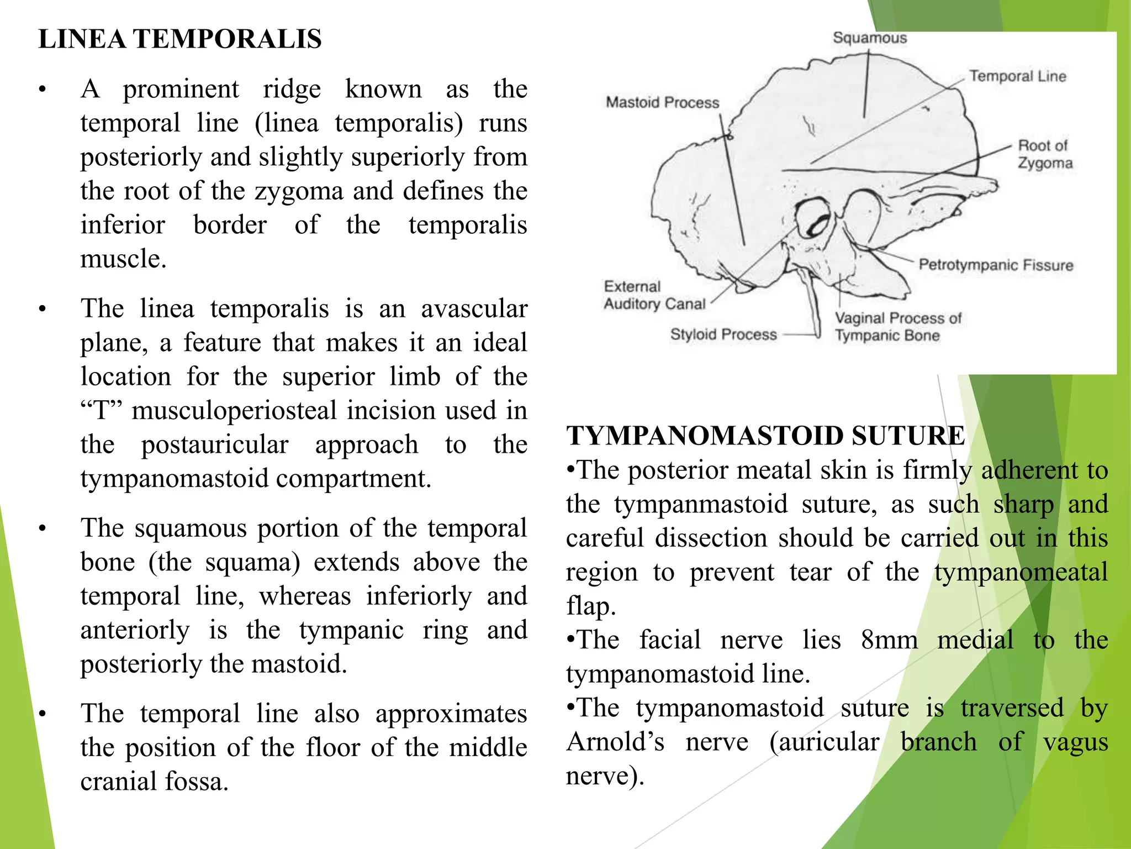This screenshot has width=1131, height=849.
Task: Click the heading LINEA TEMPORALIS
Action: coord(180,39)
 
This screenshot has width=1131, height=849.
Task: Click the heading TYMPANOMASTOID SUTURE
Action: coord(765,436)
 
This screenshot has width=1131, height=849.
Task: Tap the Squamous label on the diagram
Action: coord(870,38)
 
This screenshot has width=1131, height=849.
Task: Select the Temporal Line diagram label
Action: coord(1017,76)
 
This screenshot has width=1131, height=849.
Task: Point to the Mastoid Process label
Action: coord(662,103)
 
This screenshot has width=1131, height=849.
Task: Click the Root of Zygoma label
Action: coord(1045,154)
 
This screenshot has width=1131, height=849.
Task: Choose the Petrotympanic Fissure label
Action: coord(996,265)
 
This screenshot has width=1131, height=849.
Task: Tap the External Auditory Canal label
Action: coord(654,295)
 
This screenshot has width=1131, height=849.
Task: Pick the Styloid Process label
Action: coord(723,334)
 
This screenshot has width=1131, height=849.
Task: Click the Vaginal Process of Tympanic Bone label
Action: coord(897,327)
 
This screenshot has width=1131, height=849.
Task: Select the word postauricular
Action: coord(215,445)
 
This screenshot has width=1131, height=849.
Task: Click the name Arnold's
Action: coord(615,742)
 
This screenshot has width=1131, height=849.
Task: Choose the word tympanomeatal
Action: coord(1021,572)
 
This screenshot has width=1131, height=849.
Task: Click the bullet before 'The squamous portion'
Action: coord(42,529)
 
